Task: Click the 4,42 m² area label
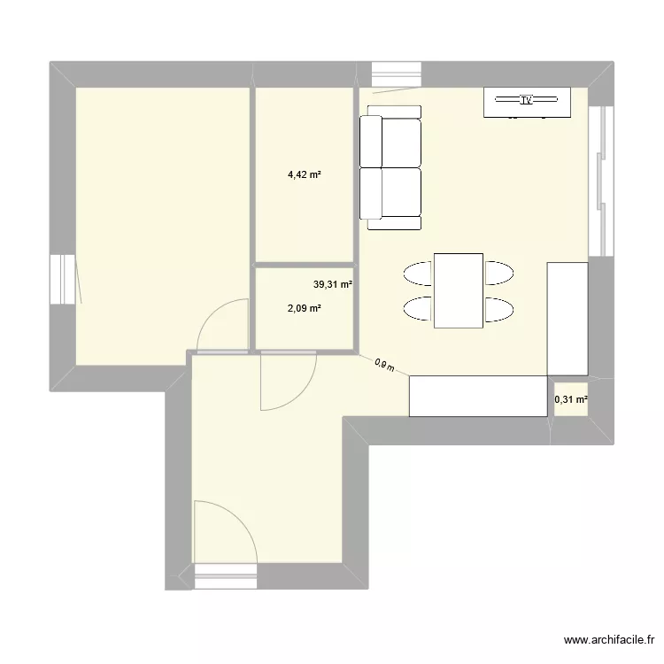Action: coord(304,174)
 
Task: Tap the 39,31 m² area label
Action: coord(332,285)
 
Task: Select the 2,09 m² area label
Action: coord(304,308)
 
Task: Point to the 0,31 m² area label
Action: coord(571,399)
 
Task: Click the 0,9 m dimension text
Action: coord(383,364)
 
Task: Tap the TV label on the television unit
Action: coord(527,101)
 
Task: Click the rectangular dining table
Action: coord(458,290)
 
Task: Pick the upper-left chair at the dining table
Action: coord(418,273)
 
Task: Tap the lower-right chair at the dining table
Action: coord(498,309)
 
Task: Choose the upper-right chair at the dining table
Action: coord(498,273)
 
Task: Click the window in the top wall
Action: coord(396,73)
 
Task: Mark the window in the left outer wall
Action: coord(63,279)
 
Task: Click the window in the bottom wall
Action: coord(225,576)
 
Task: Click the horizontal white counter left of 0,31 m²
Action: coord(477,396)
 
